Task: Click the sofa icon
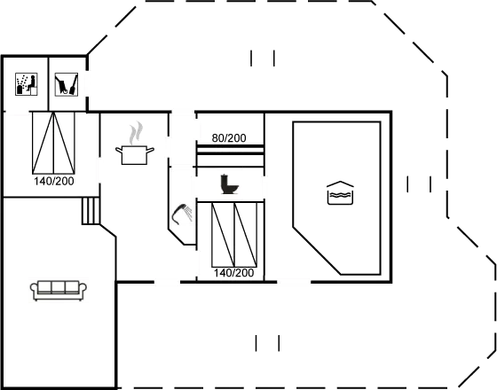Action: [x=59, y=290]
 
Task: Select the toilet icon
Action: [x=230, y=183]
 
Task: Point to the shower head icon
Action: [x=181, y=214]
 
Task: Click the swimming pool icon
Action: [x=341, y=193]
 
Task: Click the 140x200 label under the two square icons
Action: [x=53, y=181]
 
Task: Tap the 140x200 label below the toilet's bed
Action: [x=233, y=274]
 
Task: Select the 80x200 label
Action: [x=229, y=137]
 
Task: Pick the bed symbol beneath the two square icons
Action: [x=53, y=143]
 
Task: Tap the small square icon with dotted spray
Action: [x=26, y=84]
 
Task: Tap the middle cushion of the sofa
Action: [x=59, y=289]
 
